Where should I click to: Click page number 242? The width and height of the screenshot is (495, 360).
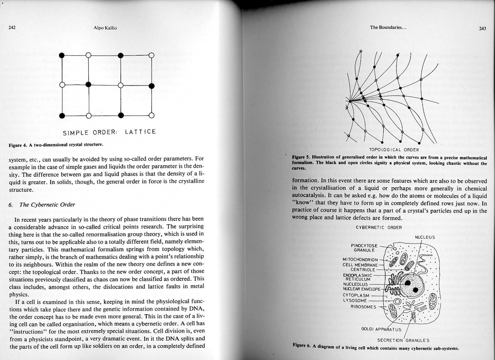pos(12,27)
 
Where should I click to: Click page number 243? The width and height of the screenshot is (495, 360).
pos(482,28)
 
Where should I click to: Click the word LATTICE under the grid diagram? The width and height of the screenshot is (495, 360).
pos(140,132)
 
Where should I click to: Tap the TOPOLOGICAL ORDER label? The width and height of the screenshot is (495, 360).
pos(394,150)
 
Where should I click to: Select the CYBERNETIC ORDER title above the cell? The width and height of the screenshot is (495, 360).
pos(378,227)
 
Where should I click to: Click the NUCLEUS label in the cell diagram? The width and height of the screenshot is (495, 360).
pos(424,237)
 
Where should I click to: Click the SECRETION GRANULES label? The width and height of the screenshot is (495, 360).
pos(403,339)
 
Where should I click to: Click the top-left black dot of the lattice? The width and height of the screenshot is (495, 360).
pos(62,55)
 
